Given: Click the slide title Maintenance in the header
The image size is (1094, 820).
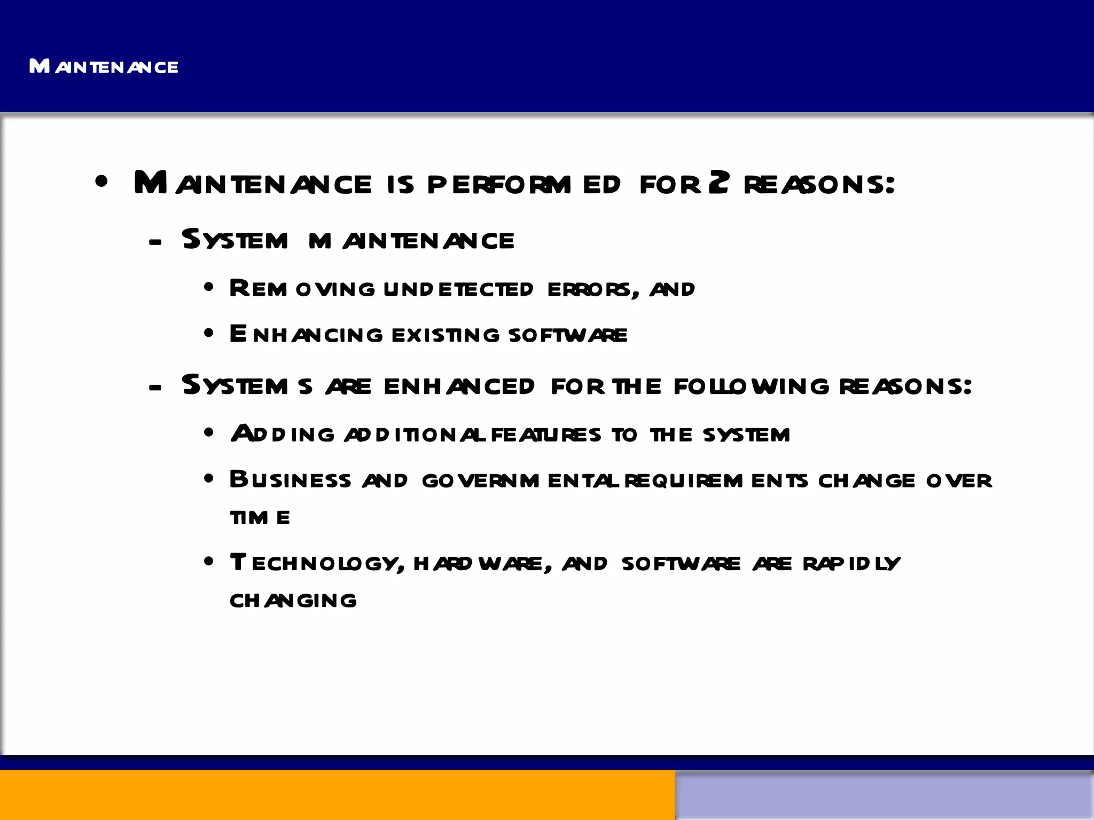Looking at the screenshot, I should [x=104, y=67].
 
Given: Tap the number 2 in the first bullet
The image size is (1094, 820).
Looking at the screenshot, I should [x=719, y=183].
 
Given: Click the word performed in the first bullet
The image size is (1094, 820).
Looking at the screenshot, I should [x=523, y=184].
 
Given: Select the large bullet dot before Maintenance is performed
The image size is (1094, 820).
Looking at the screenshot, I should [x=101, y=182].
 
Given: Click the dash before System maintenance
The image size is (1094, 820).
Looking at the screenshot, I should [x=155, y=242].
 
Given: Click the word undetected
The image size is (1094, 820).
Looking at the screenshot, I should [x=458, y=289].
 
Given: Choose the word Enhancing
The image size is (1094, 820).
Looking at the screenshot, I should [x=306, y=334].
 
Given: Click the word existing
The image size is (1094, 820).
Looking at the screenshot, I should [x=446, y=335].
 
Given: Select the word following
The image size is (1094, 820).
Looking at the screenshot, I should [x=751, y=386].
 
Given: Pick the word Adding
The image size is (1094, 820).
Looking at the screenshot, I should [x=283, y=433].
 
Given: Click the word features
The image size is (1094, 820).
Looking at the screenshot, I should [x=545, y=435].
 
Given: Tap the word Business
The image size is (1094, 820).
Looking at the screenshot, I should [x=290, y=479].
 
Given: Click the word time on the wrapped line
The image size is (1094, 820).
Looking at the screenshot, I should [x=260, y=517].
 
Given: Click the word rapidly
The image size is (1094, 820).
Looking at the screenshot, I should [x=851, y=564].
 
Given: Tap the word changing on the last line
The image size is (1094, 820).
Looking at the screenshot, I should [x=293, y=601].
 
